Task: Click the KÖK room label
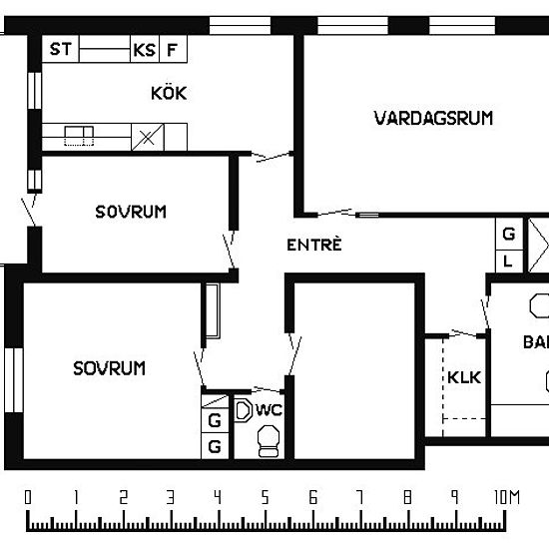(169, 94)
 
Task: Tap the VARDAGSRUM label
(433, 118)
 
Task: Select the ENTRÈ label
(314, 245)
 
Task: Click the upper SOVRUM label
(131, 212)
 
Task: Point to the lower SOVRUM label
(109, 368)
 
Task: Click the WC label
(270, 409)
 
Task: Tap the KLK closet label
(464, 378)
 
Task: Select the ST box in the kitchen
(61, 48)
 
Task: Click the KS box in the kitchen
(144, 48)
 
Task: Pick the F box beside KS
(174, 48)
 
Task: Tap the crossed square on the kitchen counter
(148, 137)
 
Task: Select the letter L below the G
(509, 261)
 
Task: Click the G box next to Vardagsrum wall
(509, 235)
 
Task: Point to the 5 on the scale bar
(266, 496)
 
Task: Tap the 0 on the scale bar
(28, 496)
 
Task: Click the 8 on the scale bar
(407, 496)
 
